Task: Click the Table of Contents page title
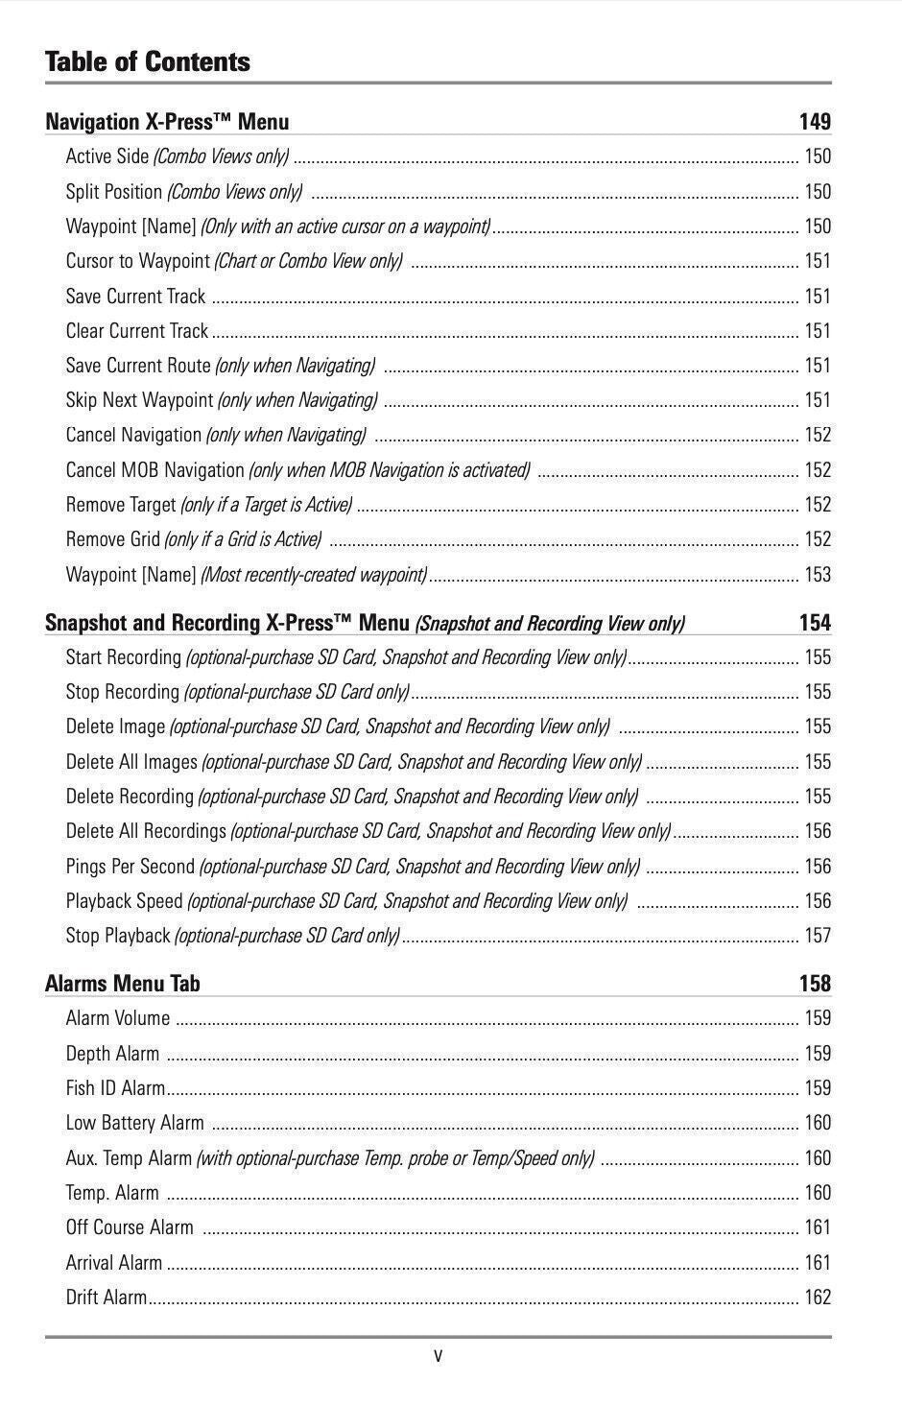pos(147,62)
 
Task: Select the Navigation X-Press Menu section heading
pos(167,122)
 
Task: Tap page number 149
pos(815,122)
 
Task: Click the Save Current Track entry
pos(135,297)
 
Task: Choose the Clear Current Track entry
pos(136,331)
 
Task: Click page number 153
pos(818,575)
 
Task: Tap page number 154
pos(815,623)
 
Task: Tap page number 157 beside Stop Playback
pos(818,936)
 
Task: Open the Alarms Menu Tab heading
pos(123,984)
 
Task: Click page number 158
pos(815,984)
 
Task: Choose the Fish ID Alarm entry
pos(115,1088)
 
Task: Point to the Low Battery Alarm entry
pos(134,1123)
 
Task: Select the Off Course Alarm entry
pos(130,1227)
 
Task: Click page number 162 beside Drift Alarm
pos(818,1298)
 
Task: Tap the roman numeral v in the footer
pos(439,1356)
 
